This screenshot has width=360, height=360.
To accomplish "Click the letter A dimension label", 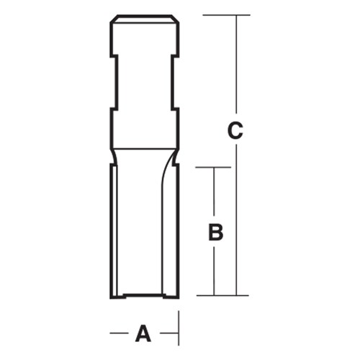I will click(x=144, y=333).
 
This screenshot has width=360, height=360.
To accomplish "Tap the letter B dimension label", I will click(x=215, y=233).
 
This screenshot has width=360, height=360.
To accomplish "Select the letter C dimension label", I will click(x=235, y=132).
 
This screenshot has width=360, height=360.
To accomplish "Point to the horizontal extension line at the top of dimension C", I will click(x=226, y=15).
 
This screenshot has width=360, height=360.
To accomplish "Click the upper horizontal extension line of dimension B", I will click(x=214, y=168).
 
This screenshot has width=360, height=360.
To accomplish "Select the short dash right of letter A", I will click(x=168, y=333).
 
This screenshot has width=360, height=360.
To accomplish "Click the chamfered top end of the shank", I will click(x=144, y=17).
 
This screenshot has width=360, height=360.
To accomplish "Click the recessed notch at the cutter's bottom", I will click(x=144, y=294).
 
